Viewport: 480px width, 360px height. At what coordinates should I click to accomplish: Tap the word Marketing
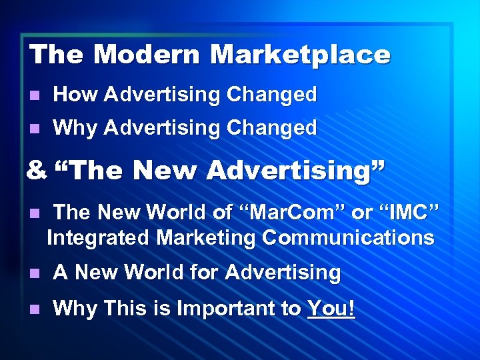206,237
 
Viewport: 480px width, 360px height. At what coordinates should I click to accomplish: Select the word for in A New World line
201,272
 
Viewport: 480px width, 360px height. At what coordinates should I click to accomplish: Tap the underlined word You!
331,308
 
